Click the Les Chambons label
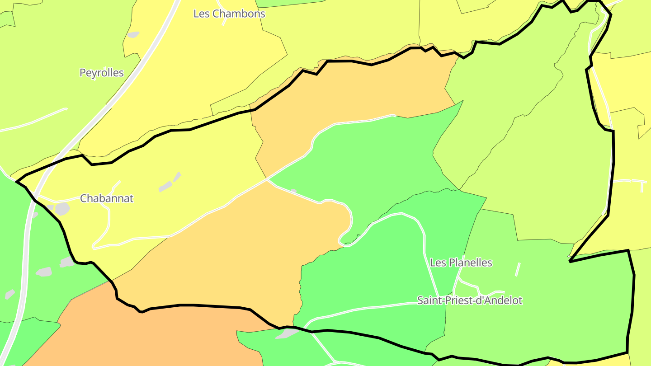[229, 14]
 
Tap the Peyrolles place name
[101, 73]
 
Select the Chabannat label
[107, 198]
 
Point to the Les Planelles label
[461, 263]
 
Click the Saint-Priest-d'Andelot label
[469, 300]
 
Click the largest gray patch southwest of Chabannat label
[62, 208]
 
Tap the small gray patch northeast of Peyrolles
[133, 34]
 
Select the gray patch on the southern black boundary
[287, 333]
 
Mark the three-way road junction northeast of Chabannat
[267, 179]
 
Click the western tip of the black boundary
[16, 182]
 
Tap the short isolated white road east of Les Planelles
[518, 269]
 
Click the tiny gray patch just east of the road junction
[294, 192]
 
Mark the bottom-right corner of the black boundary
[627, 352]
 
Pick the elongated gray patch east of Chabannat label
[165, 186]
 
